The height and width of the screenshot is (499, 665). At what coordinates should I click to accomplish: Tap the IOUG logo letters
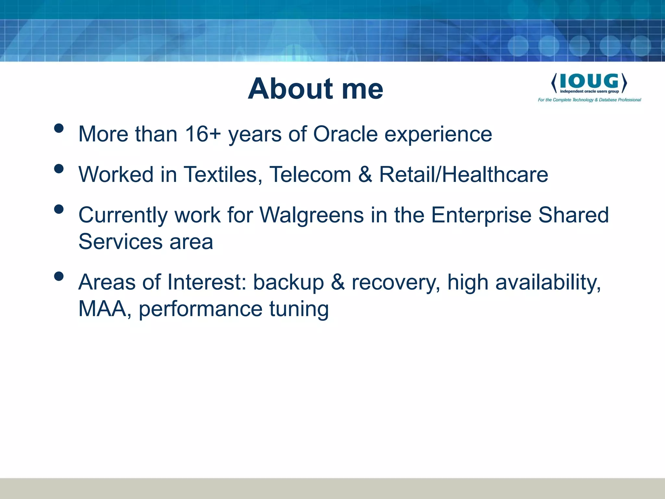(589, 81)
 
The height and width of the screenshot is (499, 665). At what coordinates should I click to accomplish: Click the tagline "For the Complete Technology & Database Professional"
(589, 100)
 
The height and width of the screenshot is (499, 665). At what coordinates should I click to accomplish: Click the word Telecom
(310, 174)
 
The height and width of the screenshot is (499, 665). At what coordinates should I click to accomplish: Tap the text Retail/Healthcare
(463, 174)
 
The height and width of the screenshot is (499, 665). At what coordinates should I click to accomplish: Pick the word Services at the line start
(120, 242)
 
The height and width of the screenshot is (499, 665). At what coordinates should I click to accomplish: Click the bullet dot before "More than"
(59, 128)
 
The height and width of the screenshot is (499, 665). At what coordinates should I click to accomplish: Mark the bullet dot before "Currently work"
(59, 209)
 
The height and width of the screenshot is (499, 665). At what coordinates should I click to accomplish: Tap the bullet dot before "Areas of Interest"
(59, 276)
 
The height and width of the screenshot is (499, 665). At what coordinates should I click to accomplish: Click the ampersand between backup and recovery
(338, 282)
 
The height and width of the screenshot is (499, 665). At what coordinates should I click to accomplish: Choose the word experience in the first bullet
(438, 134)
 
